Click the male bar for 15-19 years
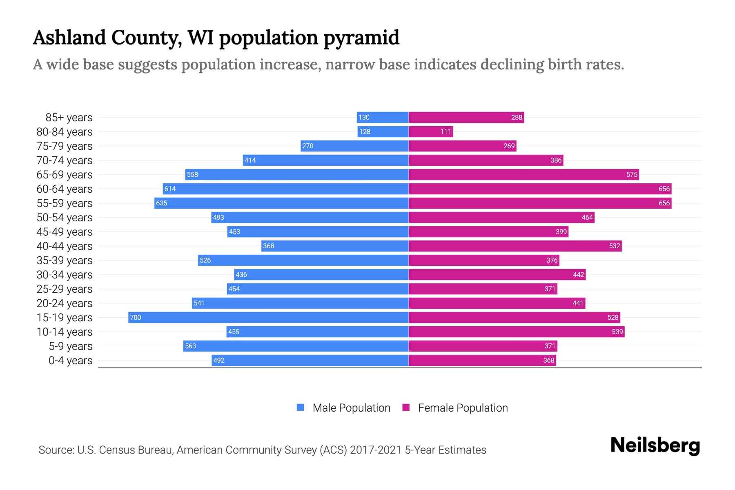click(x=268, y=317)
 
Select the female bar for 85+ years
click(x=466, y=118)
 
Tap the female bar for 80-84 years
click(x=431, y=132)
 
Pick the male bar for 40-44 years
click(x=335, y=246)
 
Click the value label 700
click(x=136, y=317)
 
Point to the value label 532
click(x=615, y=246)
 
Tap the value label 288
click(x=517, y=118)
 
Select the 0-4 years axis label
click(x=70, y=361)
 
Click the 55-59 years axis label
click(x=65, y=203)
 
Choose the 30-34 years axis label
click(x=65, y=275)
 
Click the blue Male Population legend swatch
click(x=301, y=408)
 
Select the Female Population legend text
click(x=463, y=408)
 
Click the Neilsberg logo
click(x=655, y=445)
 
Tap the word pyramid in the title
click(x=361, y=38)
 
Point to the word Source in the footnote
click(x=56, y=450)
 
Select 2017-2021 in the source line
click(x=376, y=450)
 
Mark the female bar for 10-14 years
click(x=517, y=332)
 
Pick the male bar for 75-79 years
click(x=354, y=146)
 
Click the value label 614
click(x=170, y=189)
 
